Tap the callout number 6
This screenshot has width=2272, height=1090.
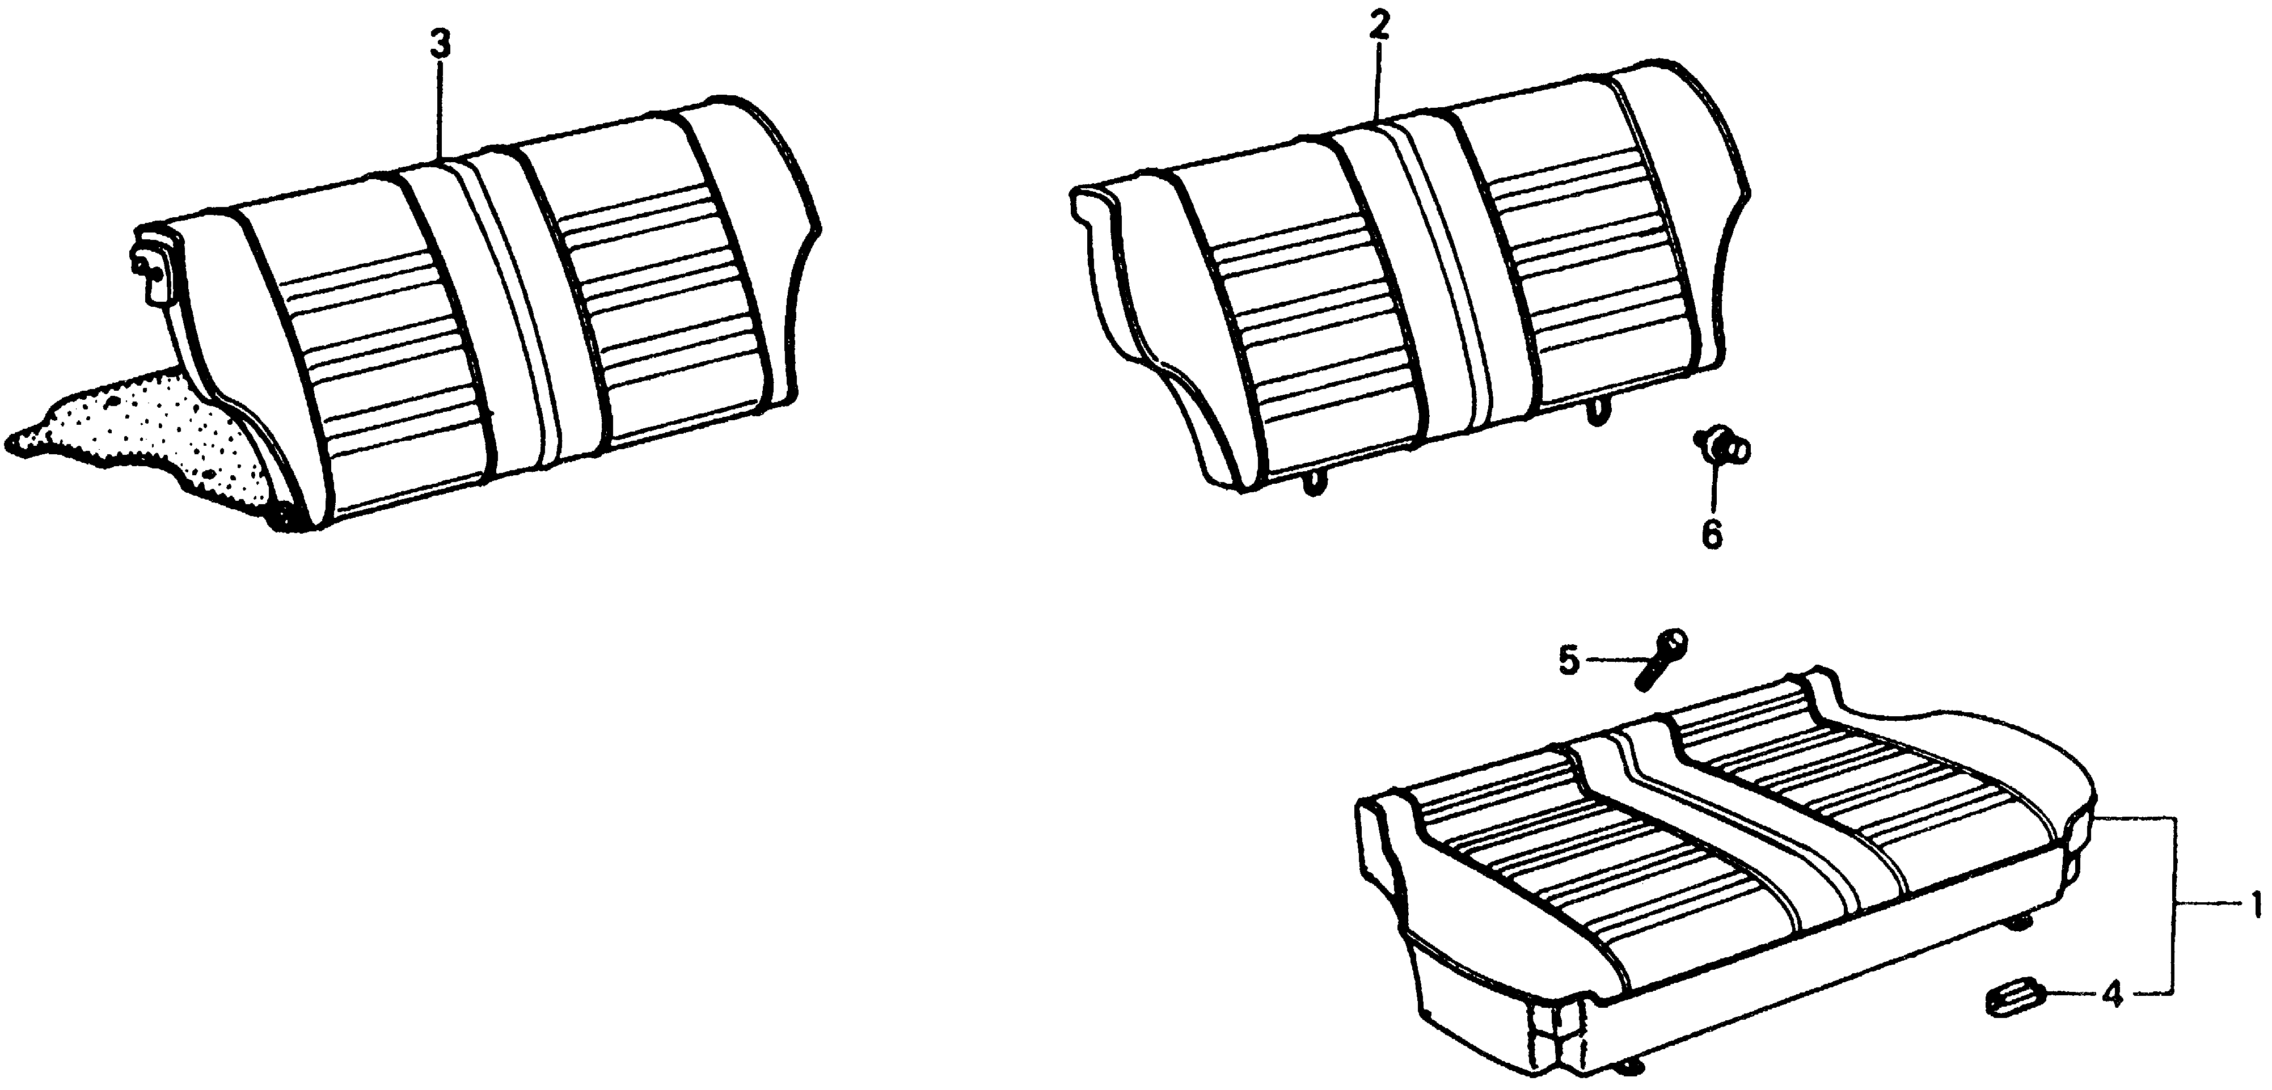[1711, 534]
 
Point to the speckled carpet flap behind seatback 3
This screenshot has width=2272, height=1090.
[141, 441]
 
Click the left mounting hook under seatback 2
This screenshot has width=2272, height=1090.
[1314, 483]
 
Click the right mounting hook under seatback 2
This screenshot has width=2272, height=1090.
[1597, 412]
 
